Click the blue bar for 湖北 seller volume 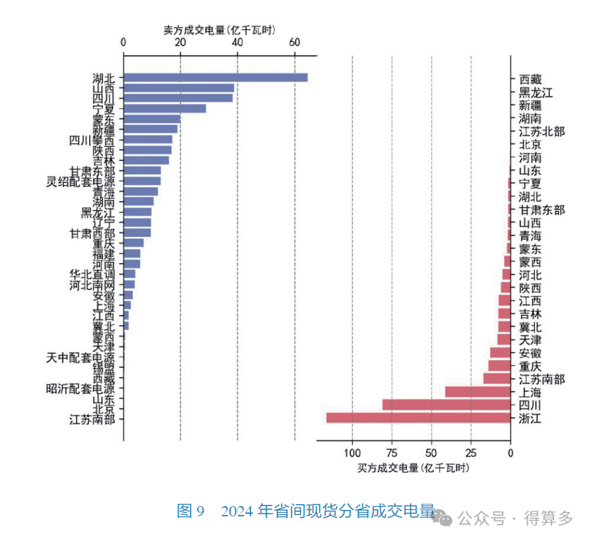[x=215, y=78]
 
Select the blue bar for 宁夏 [x=164, y=108]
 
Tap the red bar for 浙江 [x=418, y=418]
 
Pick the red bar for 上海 [x=477, y=392]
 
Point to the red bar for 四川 [x=446, y=405]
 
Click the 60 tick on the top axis [x=295, y=42]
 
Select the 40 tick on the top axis [x=238, y=42]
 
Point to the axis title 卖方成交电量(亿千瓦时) [x=219, y=30]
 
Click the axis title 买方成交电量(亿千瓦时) [x=413, y=468]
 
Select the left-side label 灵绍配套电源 [x=81, y=181]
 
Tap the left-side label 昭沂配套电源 [x=81, y=389]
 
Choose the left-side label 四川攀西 [x=92, y=140]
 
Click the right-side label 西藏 [x=530, y=80]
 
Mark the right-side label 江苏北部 [x=542, y=131]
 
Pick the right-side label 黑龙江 [x=535, y=92]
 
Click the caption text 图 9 [x=191, y=511]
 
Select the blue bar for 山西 [x=178, y=88]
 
